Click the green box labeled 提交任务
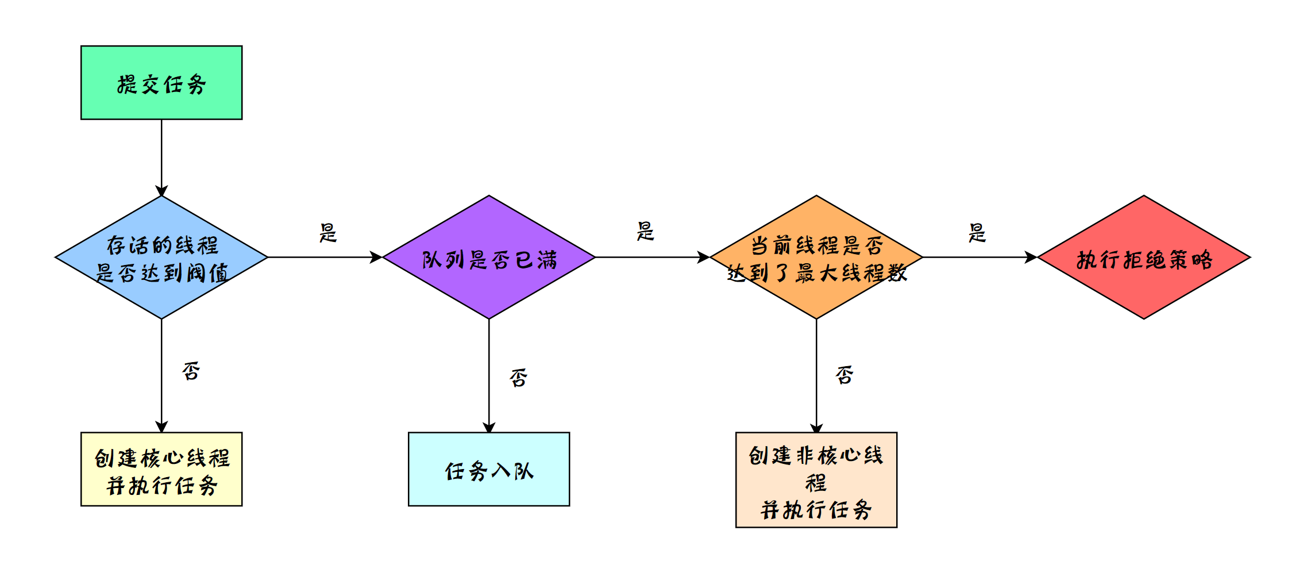(161, 83)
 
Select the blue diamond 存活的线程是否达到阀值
(161, 257)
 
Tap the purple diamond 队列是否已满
(489, 257)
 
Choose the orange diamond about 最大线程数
(816, 257)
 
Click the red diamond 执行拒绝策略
(1144, 257)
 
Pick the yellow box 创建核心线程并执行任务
(161, 469)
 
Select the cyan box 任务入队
(489, 469)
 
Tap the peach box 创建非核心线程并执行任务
(816, 480)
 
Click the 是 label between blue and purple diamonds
(328, 233)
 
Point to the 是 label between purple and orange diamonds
(646, 231)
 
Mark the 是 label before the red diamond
(977, 233)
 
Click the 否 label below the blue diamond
(191, 371)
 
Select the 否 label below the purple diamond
(518, 378)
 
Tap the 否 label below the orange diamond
(845, 375)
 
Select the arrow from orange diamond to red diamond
(980, 257)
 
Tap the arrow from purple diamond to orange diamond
(652, 257)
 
